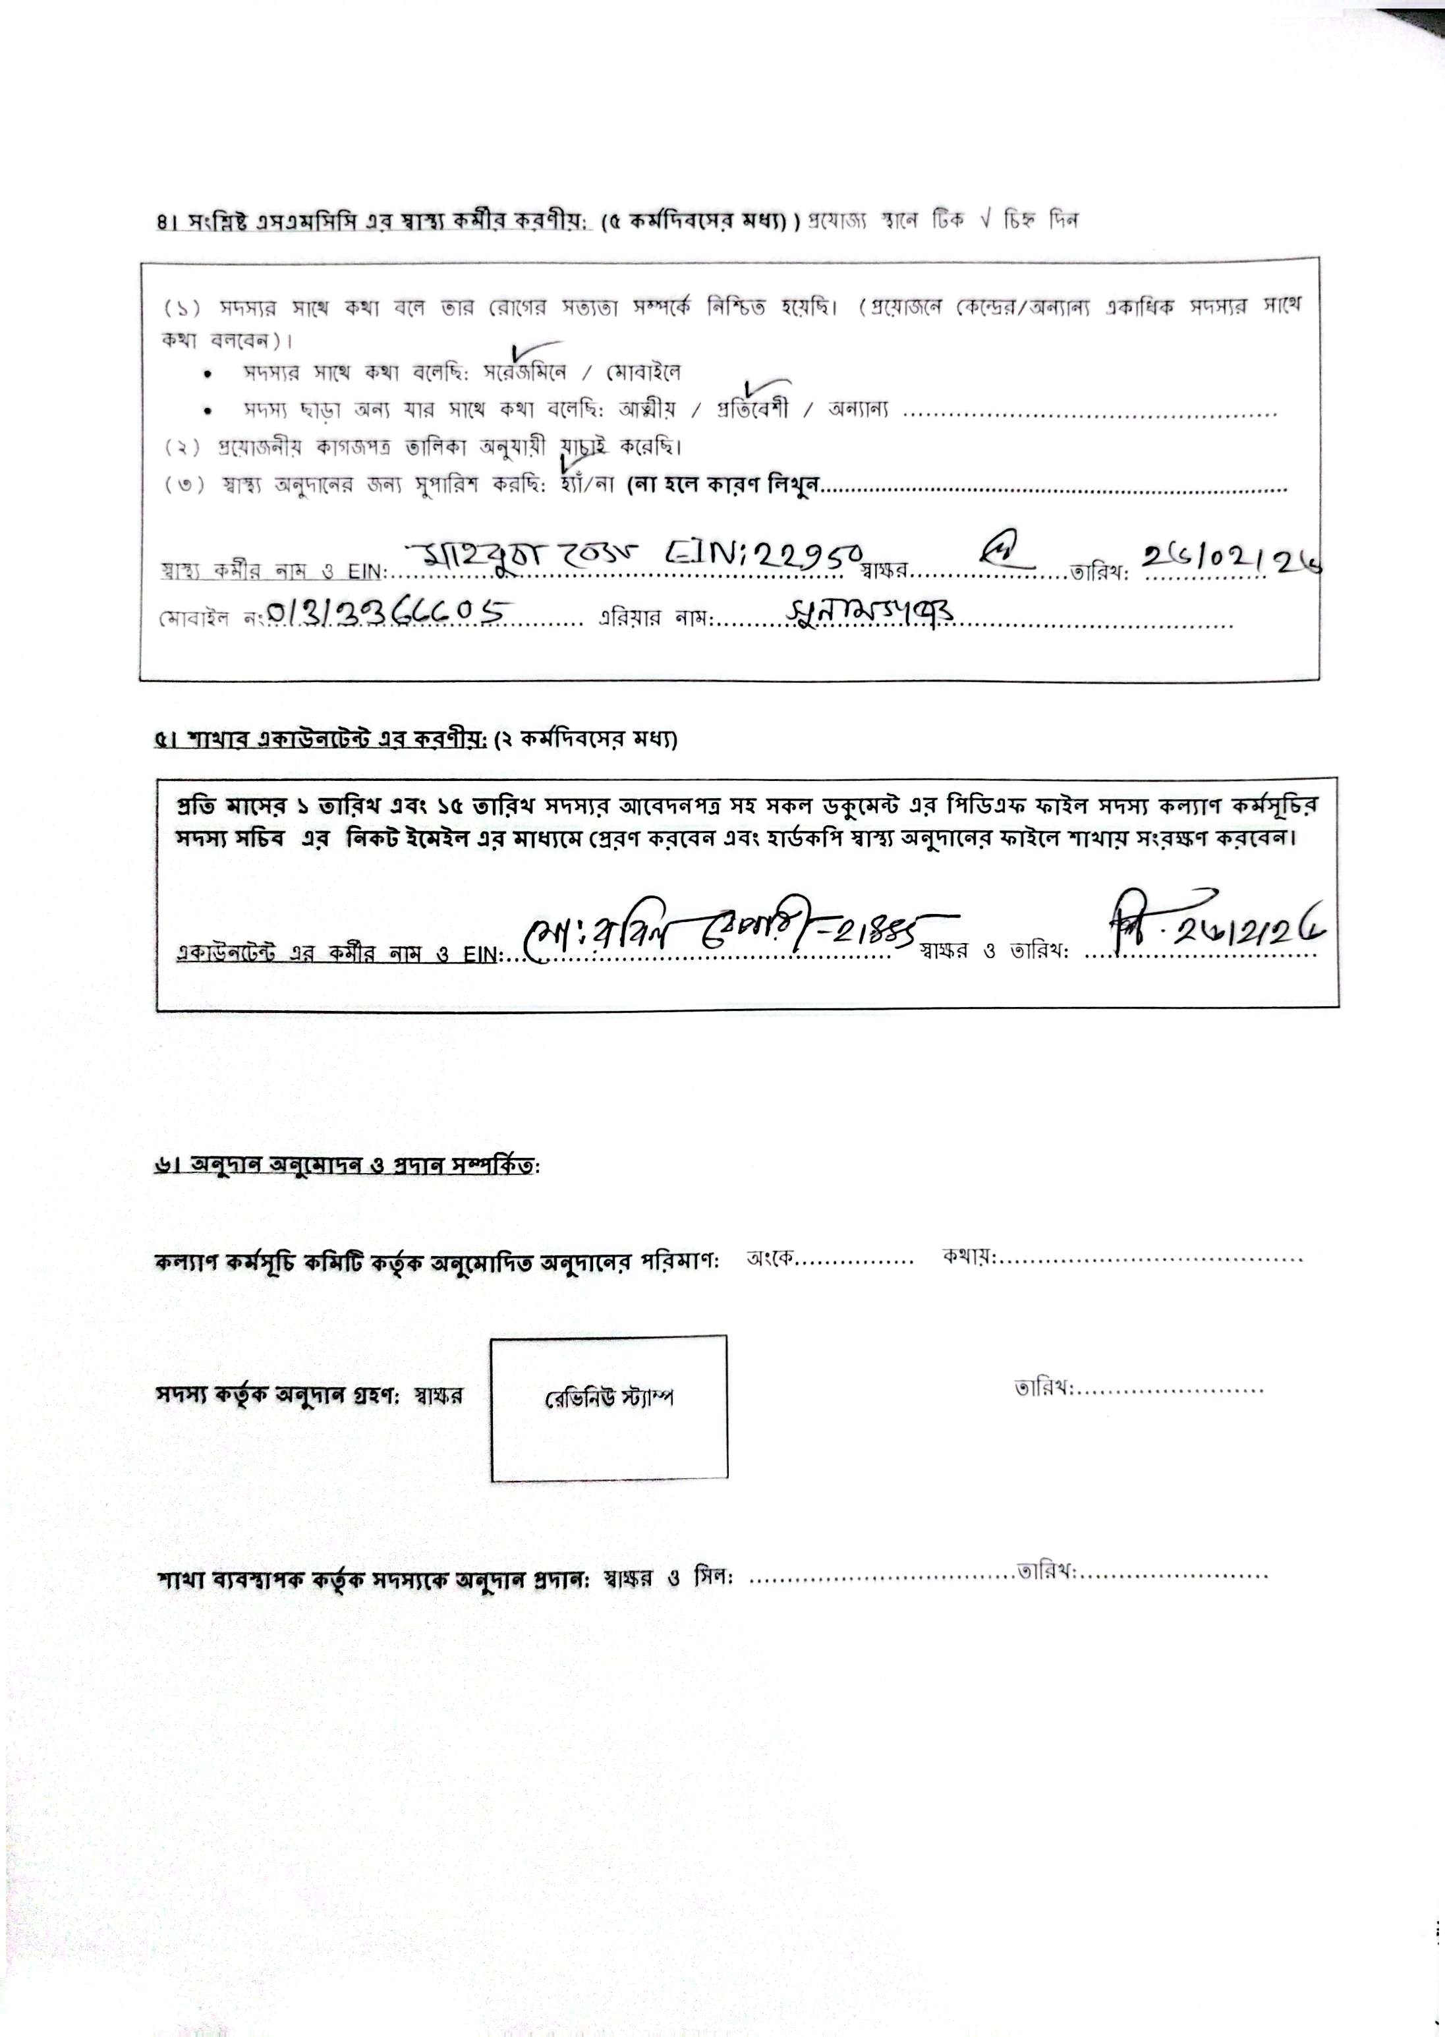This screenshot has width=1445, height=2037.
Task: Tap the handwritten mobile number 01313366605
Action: click(388, 612)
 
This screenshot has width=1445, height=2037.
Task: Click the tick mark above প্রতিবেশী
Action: click(759, 389)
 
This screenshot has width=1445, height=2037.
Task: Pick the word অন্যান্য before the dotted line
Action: click(858, 411)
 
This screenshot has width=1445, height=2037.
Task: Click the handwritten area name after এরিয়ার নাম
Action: click(870, 610)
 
